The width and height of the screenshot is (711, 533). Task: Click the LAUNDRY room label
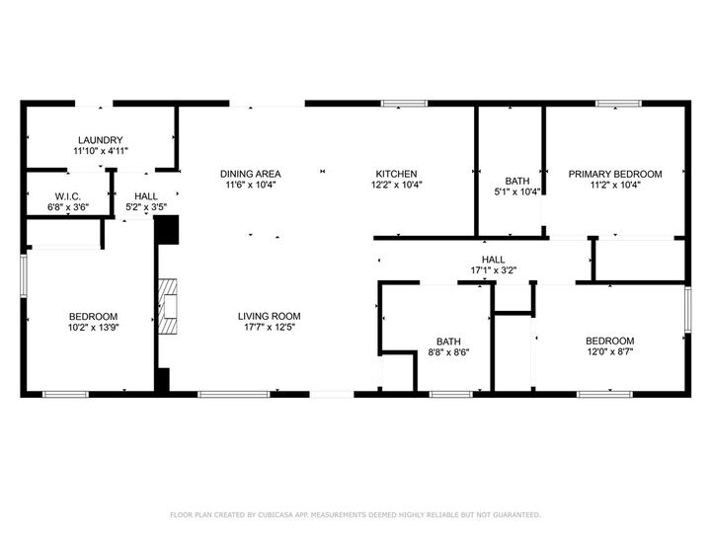pos(100,140)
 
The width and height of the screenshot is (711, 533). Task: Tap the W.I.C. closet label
pos(68,196)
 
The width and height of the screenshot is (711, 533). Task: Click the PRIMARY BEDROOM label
pos(615,174)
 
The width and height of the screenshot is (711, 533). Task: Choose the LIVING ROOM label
pos(268,317)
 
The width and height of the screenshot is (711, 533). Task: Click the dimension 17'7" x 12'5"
pos(268,328)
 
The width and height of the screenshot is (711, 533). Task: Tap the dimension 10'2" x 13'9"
pos(94,328)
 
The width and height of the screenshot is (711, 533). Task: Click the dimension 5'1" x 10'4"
pos(517,191)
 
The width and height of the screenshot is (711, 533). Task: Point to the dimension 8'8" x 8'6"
pos(447,351)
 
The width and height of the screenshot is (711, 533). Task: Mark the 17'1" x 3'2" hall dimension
pos(494,269)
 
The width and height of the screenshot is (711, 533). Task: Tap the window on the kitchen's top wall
pos(398,102)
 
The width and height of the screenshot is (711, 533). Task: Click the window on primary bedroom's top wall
pos(618,102)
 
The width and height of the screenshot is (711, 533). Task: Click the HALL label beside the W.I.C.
pos(146,196)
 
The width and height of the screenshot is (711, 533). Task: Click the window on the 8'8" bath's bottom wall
pos(450,394)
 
